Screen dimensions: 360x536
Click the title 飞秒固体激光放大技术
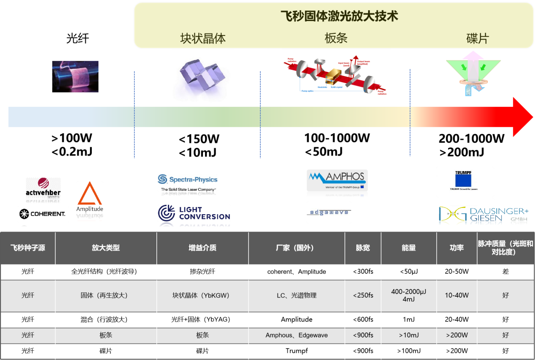[x=339, y=16]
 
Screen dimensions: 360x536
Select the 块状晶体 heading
[x=203, y=39]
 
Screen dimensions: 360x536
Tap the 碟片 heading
[x=477, y=39]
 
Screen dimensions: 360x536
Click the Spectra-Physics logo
[x=188, y=180]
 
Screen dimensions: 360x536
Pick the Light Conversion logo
[x=194, y=213]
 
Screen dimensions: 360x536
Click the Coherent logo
[x=43, y=214]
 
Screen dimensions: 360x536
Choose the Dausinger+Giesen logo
[x=484, y=215]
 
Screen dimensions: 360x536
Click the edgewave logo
[x=329, y=212]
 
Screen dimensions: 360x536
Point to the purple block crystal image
[x=202, y=76]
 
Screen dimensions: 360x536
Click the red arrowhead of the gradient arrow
[x=522, y=117]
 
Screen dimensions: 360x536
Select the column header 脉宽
[x=363, y=248]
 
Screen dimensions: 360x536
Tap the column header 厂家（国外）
[x=296, y=248]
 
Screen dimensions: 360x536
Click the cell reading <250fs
[x=363, y=295]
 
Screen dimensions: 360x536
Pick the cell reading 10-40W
[x=457, y=295]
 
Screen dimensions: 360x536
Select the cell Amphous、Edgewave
[x=296, y=335]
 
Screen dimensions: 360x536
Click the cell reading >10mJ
[x=408, y=335]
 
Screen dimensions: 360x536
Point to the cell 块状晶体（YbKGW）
[x=202, y=295]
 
